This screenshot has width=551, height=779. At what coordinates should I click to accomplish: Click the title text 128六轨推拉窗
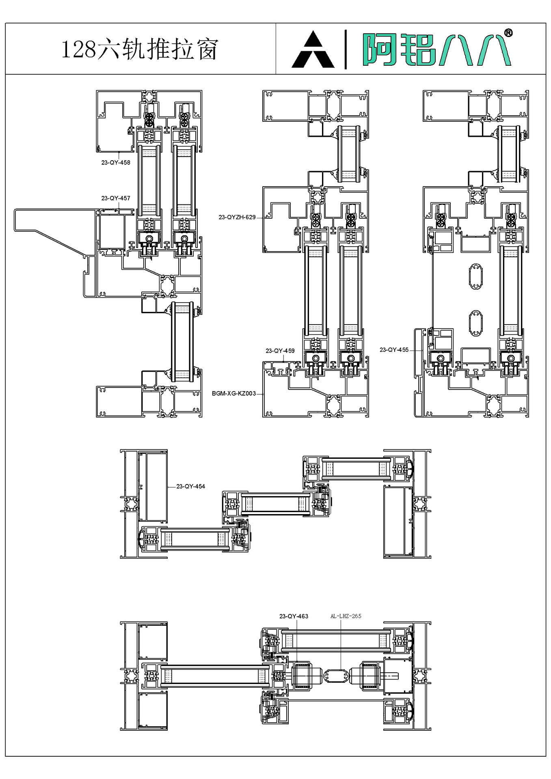(140, 49)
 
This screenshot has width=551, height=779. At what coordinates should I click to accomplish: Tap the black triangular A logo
(313, 51)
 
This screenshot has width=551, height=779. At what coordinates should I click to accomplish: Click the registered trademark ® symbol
(508, 33)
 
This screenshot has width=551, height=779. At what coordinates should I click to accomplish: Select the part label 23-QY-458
(116, 163)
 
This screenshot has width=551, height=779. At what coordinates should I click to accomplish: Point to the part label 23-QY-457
(116, 198)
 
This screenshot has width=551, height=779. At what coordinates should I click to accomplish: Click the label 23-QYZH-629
(237, 217)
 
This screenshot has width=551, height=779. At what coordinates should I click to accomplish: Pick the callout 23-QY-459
(280, 351)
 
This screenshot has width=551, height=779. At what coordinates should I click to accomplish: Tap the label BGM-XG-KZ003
(234, 394)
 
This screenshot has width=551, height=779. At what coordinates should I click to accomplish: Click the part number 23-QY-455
(394, 350)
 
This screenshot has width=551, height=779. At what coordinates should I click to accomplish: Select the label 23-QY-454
(190, 486)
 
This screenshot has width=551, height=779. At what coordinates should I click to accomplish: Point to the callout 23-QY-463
(294, 616)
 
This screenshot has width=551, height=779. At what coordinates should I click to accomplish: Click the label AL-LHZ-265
(346, 616)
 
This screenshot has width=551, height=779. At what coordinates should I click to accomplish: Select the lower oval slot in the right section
(475, 323)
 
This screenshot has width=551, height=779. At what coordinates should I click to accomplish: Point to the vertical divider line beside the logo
(346, 49)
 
